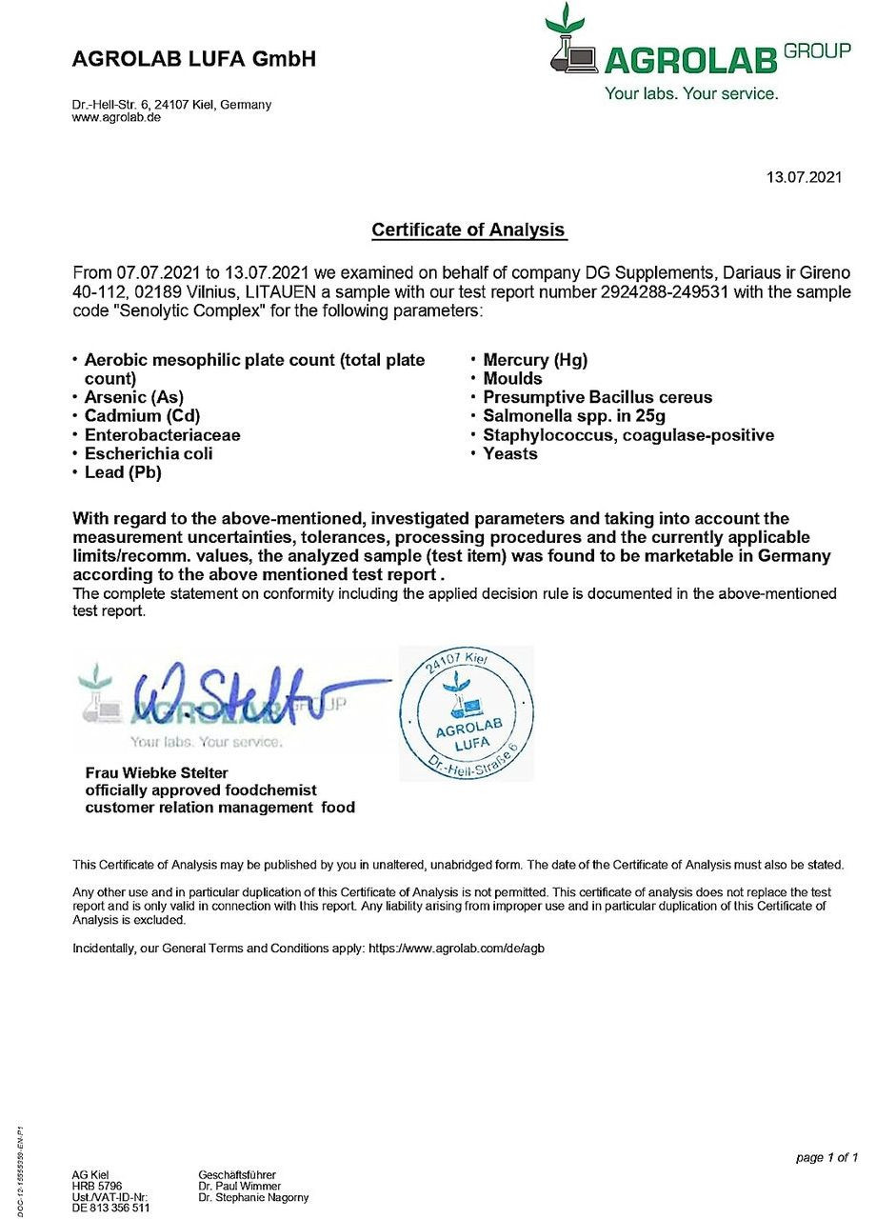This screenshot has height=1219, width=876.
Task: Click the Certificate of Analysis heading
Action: point(468,230)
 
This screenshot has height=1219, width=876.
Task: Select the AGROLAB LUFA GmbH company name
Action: point(193,59)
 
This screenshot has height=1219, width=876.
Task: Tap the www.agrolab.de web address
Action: point(116,117)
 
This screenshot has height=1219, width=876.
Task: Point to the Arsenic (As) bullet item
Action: point(133,397)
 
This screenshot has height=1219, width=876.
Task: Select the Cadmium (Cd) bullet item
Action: point(142,416)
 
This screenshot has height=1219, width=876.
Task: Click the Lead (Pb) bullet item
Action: point(123,472)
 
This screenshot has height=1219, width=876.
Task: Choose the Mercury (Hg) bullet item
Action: point(535,360)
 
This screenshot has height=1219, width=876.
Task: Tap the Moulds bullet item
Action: point(512,379)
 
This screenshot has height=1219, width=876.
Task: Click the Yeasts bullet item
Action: point(510,454)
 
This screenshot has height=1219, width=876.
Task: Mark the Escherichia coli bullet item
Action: point(149,453)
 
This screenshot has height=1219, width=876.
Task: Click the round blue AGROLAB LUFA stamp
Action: point(467,713)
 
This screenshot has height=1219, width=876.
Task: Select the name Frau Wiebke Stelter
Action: point(157,772)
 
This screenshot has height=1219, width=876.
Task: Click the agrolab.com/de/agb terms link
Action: point(456,949)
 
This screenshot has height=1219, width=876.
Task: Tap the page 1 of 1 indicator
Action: point(826,1157)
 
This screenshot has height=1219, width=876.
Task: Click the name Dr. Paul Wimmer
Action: point(239,1187)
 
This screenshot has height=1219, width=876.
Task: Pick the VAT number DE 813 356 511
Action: point(110,1208)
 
